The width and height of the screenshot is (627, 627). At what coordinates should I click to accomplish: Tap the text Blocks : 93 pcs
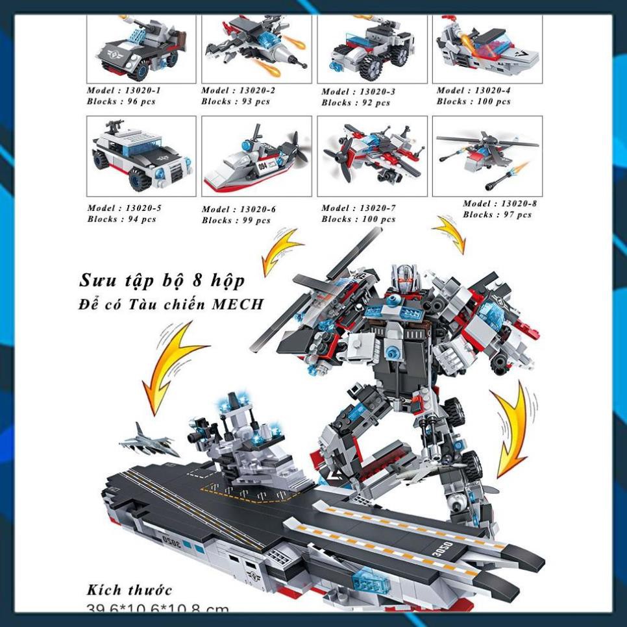coord(236,102)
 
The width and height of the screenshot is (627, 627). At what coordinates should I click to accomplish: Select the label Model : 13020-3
coord(358,92)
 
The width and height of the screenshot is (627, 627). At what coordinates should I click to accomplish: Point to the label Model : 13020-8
coord(500,204)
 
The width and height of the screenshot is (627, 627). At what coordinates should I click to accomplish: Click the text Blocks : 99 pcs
coord(236,220)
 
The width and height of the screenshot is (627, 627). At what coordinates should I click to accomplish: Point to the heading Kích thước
coord(130,590)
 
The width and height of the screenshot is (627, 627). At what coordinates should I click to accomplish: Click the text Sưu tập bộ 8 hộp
coord(162,280)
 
